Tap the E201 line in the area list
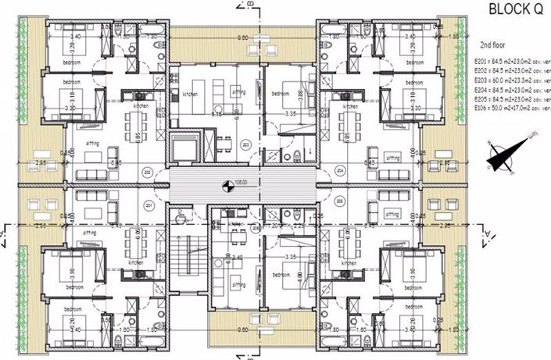coord(508,59)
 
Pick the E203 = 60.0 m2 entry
coord(508,79)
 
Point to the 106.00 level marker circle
coord(227,186)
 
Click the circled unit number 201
coord(147,205)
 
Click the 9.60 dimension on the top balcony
coord(243,37)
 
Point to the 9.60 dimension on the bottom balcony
coord(243,330)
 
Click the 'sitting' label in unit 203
coord(238,91)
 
